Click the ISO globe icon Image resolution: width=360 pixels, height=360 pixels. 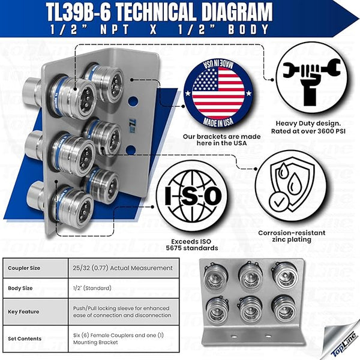[193, 196]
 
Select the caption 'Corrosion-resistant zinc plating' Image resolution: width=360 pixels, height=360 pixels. [292, 235]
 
